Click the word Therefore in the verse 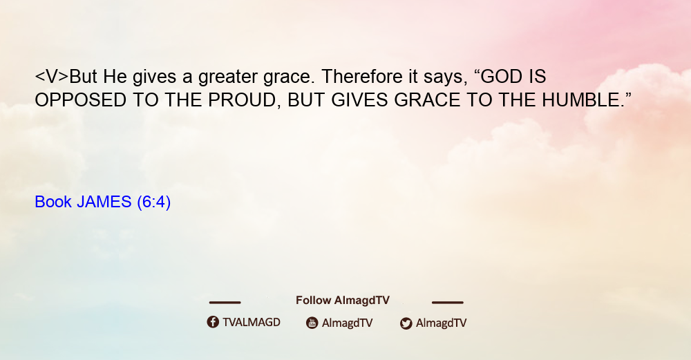362,77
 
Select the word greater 228,78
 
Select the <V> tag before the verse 52,77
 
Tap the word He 115,77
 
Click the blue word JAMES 104,202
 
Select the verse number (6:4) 154,202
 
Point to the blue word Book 53,202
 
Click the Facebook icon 213,322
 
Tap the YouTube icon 312,323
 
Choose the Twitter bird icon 406,323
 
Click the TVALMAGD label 252,323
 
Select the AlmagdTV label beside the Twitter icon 441,323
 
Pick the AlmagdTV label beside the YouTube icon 348,323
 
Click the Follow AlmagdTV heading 343,301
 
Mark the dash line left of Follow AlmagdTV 225,303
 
